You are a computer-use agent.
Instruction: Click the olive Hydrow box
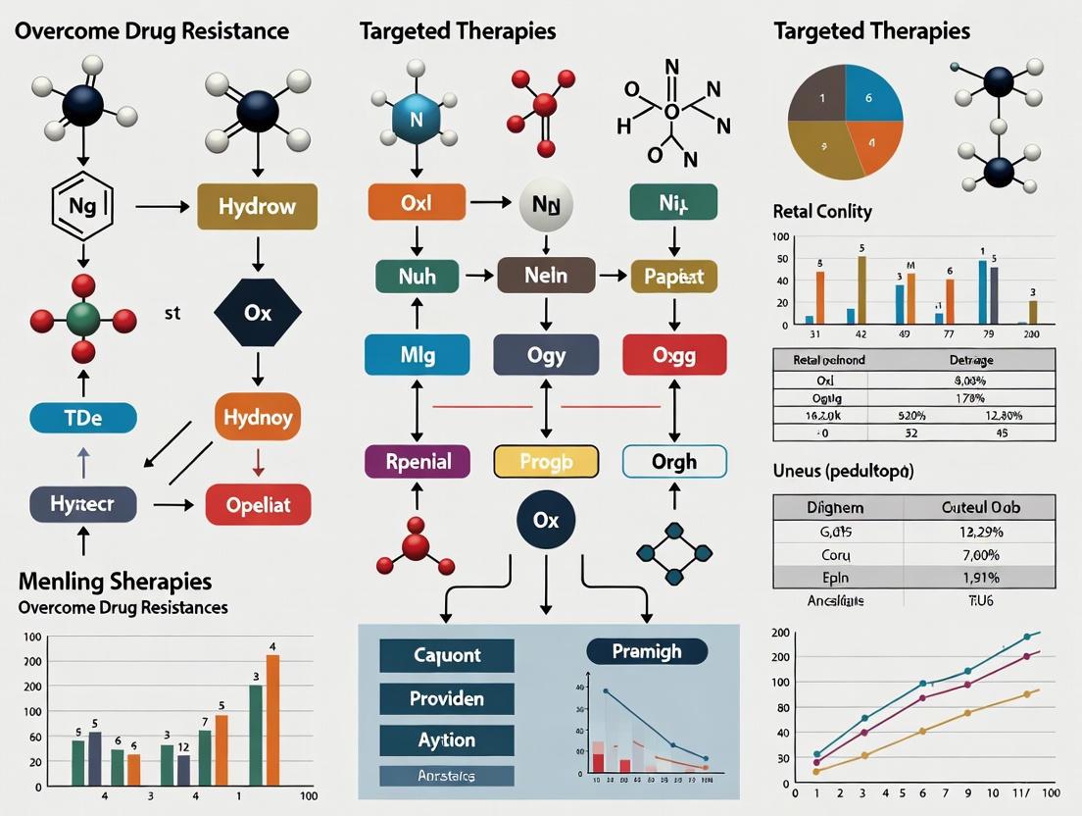[258, 206]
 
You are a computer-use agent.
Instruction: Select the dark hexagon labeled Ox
[258, 314]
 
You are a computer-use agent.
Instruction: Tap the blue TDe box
[82, 417]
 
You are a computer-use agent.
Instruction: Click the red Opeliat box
[258, 505]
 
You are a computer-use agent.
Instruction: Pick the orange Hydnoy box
[258, 417]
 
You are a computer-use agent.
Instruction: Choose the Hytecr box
[82, 505]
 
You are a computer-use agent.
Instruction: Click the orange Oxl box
[416, 202]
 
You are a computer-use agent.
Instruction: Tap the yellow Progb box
[546, 461]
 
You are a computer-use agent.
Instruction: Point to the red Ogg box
[674, 355]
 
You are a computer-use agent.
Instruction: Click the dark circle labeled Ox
[546, 520]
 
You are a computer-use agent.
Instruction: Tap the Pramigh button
[647, 651]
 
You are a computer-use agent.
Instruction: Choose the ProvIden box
[446, 699]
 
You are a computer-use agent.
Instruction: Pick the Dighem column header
[835, 507]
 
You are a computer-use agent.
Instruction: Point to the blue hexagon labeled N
[415, 122]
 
